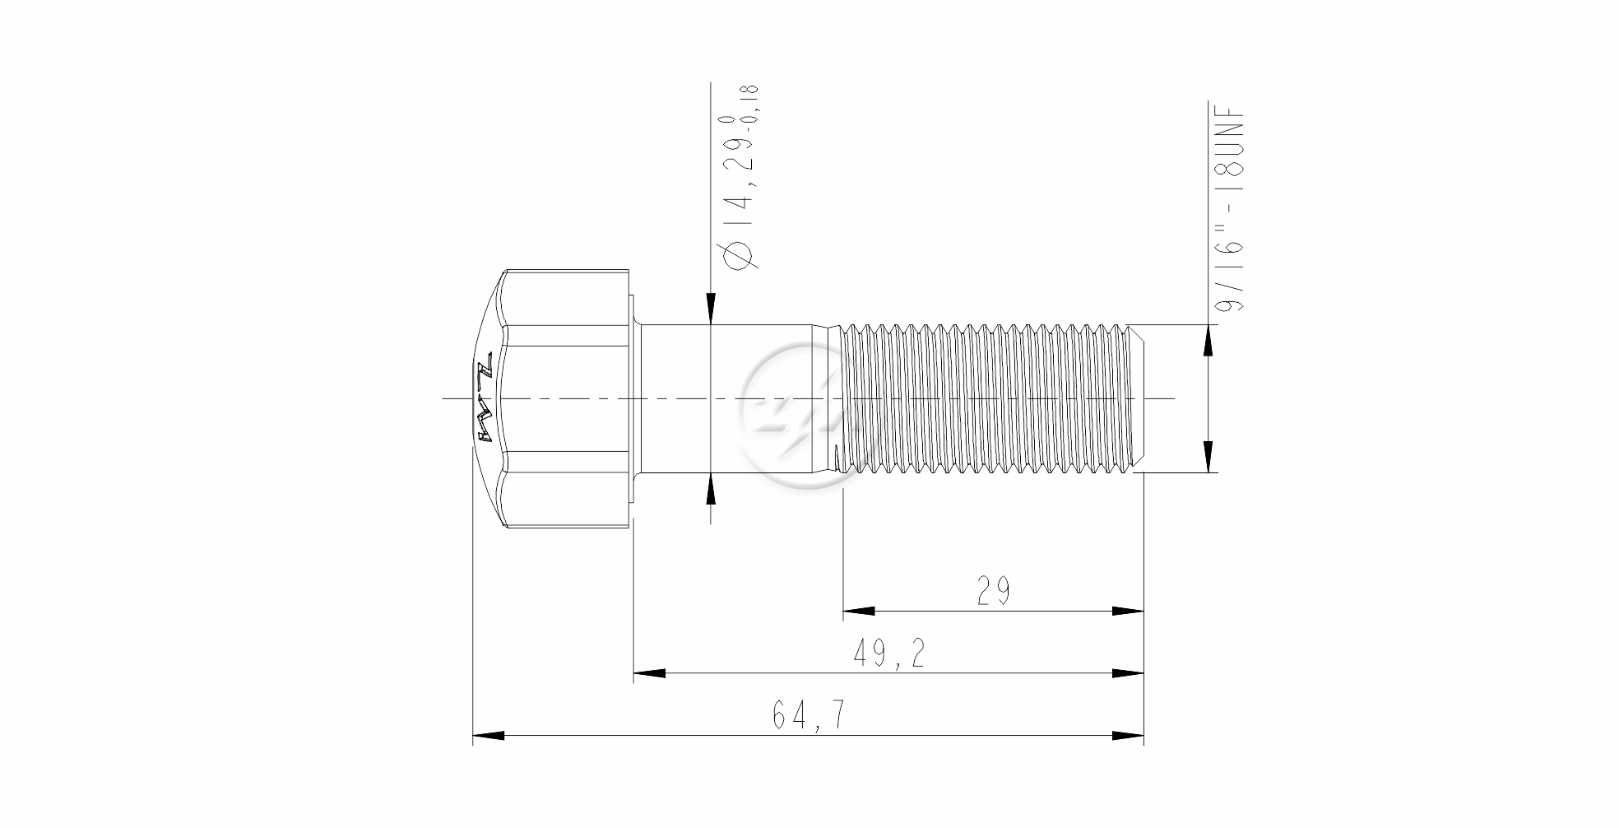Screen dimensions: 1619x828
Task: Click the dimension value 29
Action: click(x=993, y=591)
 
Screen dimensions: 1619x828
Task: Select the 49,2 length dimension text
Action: click(x=888, y=654)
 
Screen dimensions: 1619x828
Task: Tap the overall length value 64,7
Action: click(x=808, y=715)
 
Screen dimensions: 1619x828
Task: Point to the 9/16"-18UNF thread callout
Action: click(x=1232, y=209)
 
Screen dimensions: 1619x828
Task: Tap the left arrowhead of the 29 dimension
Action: click(x=858, y=612)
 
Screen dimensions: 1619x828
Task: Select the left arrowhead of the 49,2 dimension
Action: click(x=649, y=673)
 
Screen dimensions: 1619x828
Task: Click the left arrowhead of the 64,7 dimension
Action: click(x=488, y=735)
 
